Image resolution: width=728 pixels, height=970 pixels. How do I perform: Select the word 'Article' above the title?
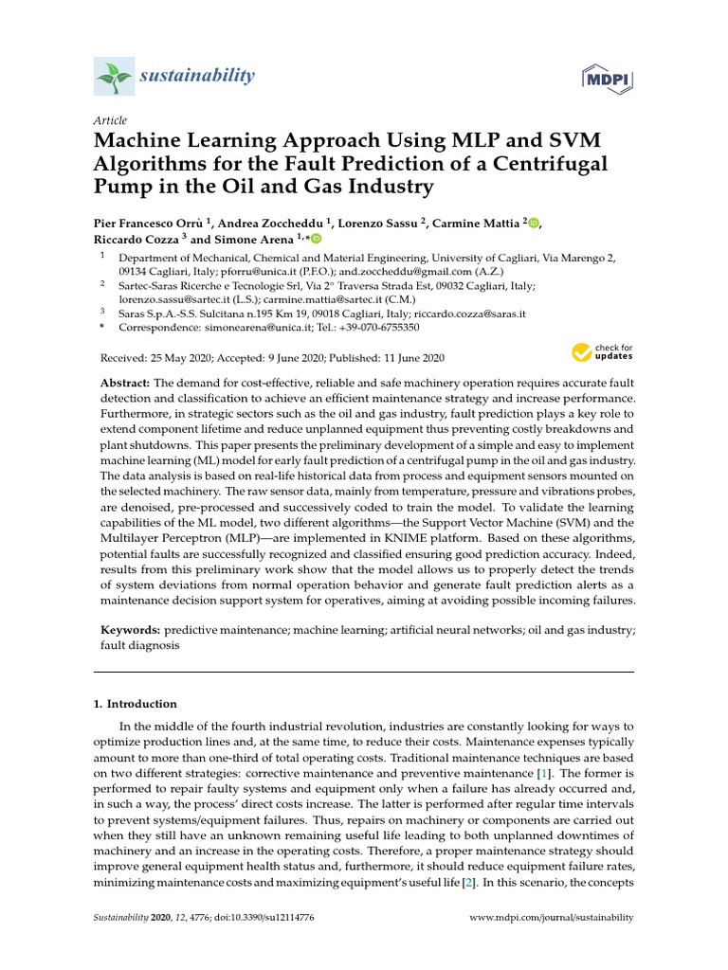[110, 120]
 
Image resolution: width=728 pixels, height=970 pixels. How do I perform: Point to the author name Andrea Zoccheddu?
[271, 223]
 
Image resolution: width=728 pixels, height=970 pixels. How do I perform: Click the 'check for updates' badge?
[602, 354]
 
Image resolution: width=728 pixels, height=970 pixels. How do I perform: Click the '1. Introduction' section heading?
[135, 704]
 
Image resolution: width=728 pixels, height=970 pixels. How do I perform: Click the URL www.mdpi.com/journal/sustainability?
[552, 918]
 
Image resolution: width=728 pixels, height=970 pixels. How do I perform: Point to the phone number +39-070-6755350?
[375, 327]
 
